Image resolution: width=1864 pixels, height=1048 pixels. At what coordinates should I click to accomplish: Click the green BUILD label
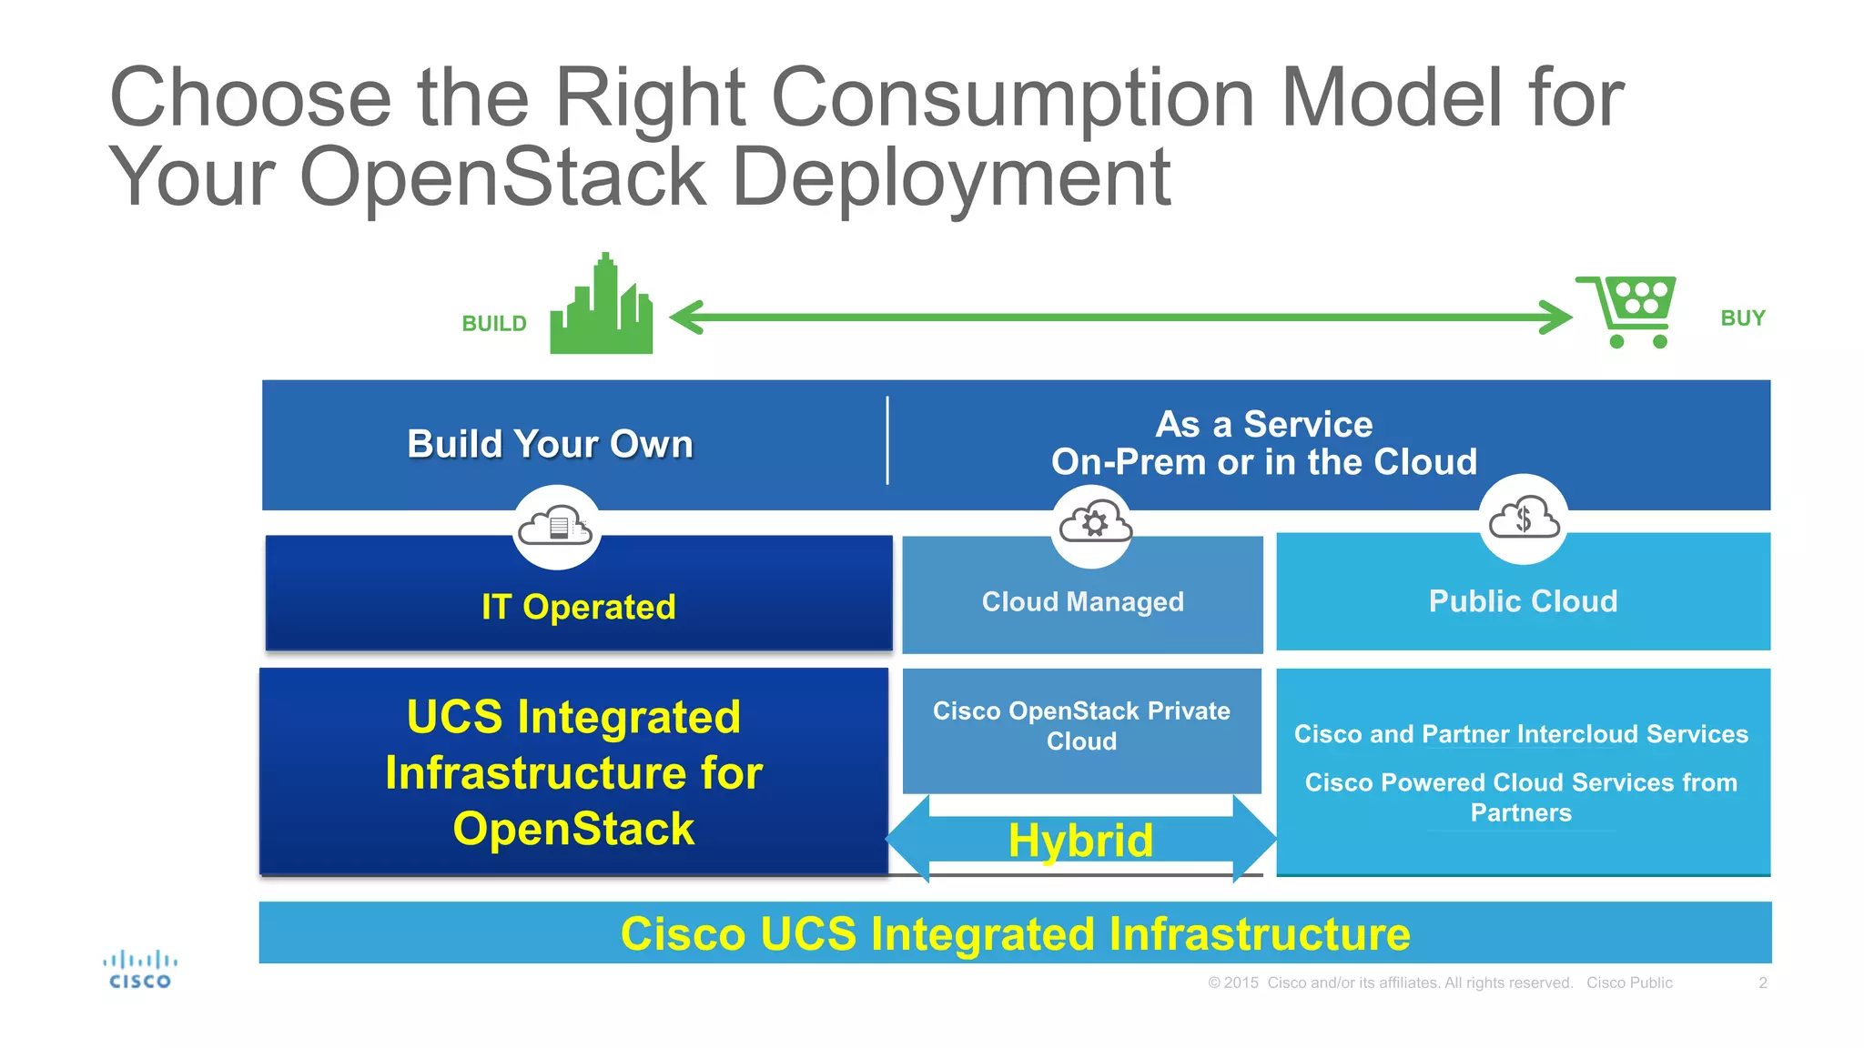coord(494,324)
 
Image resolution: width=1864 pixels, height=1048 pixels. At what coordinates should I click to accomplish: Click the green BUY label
coord(1742,318)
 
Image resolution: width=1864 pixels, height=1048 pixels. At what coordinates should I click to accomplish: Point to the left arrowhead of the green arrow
coord(684,317)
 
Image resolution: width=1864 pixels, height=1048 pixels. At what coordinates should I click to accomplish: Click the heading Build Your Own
coord(550,444)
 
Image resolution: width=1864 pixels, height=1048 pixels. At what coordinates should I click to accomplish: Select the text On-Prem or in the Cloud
coord(1263,462)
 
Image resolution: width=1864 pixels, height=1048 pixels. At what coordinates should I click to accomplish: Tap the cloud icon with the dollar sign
coord(1523,519)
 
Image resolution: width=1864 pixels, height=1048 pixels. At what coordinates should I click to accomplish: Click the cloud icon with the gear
coord(1094,523)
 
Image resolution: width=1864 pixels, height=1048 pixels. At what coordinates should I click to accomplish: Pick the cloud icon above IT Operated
coord(556,527)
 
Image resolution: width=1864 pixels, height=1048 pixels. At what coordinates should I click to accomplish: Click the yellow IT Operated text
coord(578,607)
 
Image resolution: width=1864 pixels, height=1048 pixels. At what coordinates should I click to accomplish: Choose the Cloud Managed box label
coord(1082,601)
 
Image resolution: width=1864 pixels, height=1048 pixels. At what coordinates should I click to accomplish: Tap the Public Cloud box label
coord(1523,601)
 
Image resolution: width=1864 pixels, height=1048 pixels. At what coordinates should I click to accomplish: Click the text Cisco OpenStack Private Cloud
coord(1081,725)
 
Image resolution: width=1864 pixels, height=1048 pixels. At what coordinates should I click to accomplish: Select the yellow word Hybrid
coord(1080,840)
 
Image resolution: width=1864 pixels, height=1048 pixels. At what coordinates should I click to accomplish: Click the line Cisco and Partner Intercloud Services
coord(1521,734)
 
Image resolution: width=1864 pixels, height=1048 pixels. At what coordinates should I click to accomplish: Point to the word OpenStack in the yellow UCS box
coord(573,829)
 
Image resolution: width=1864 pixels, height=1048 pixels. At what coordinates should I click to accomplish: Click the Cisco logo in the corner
coord(140,970)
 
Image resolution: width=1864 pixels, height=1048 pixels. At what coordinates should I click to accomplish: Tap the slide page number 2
coord(1762,982)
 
